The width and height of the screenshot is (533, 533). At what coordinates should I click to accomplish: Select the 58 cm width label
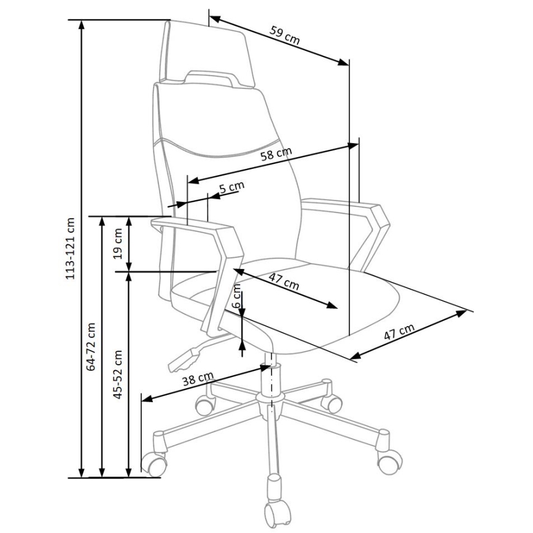coord(276,156)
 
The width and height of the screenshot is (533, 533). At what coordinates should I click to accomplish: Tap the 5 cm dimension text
coord(231,187)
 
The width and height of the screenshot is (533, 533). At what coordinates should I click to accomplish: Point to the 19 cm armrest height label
coord(119,243)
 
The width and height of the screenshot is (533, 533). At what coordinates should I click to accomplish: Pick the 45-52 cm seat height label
coord(119,375)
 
